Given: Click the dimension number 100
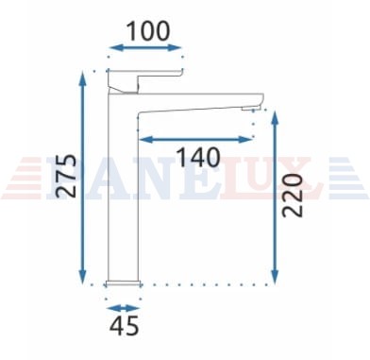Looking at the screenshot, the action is pos(148,31).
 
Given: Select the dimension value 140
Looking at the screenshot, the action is pos(198,157).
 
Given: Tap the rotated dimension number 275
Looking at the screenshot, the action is pos(66,176).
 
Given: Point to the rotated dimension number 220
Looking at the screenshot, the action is pos(293,196).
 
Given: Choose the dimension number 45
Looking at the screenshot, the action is pos(124,325).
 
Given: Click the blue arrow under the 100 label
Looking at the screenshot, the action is pos(145,48).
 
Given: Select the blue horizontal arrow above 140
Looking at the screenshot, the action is pos(195,140).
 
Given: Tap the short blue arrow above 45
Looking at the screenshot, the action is pos(123,308).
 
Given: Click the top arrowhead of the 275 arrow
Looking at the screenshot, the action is pos(82,78).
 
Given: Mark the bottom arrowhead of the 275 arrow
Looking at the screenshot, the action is pos(82,277).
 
